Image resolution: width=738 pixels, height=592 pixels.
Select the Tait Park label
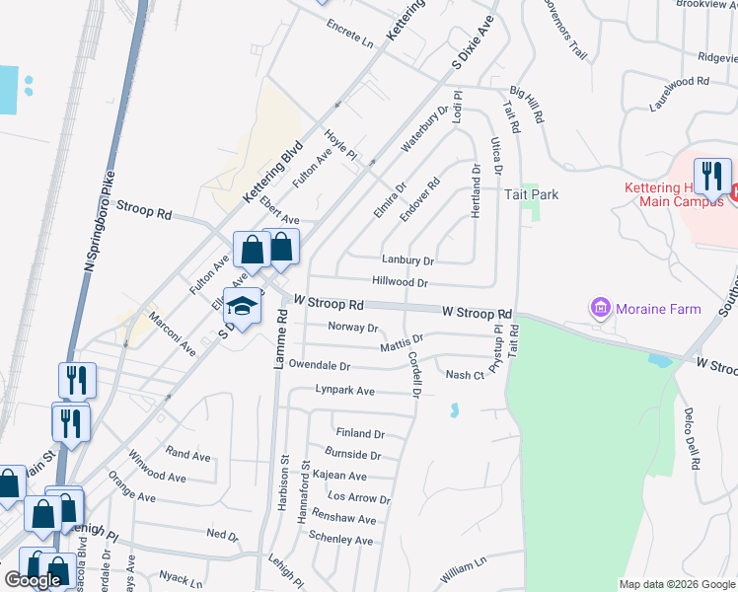pyautogui.click(x=532, y=194)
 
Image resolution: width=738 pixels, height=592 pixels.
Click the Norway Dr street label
pyautogui.click(x=353, y=328)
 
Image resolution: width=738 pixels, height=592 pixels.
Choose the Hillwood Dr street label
pyautogui.click(x=400, y=282)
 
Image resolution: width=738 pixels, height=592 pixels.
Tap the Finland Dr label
pyautogui.click(x=359, y=433)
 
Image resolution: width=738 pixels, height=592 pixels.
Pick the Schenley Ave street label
pyautogui.click(x=341, y=541)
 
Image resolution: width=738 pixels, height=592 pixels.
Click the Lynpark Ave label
pyautogui.click(x=345, y=391)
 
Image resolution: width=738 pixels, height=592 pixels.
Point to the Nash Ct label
pyautogui.click(x=465, y=375)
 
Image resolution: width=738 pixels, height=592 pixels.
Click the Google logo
pyautogui.click(x=33, y=580)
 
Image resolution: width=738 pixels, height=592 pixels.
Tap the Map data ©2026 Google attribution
pyautogui.click(x=677, y=584)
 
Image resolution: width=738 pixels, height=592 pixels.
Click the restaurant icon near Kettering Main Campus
pyautogui.click(x=712, y=178)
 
